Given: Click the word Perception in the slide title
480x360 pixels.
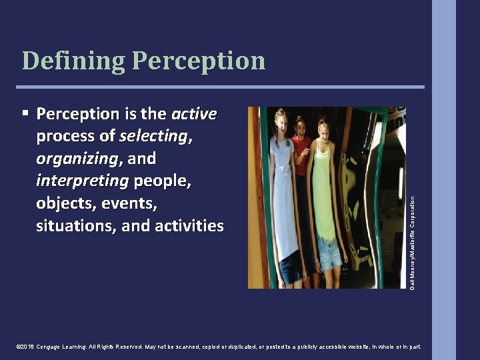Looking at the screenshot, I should click(x=199, y=61).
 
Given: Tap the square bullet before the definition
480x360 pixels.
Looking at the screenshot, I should click(x=25, y=113).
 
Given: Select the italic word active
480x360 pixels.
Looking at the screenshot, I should click(x=194, y=114).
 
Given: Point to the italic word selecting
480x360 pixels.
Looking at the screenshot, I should click(x=153, y=137).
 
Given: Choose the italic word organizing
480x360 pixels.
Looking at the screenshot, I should click(x=77, y=159).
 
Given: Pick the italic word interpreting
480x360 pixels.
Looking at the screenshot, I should click(x=83, y=181).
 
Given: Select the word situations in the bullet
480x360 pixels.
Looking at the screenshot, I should click(x=76, y=226).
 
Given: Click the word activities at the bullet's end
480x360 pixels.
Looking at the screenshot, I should click(x=189, y=226).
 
